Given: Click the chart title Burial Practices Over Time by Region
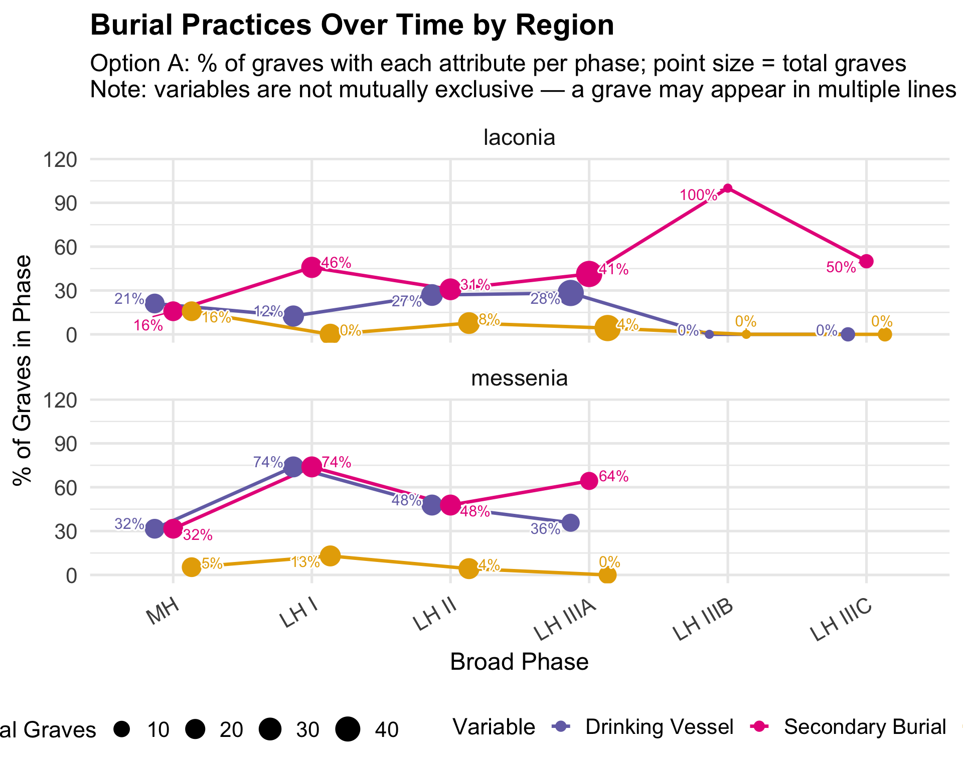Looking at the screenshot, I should pyautogui.click(x=352, y=25).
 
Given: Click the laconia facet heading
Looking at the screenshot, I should pyautogui.click(x=519, y=137).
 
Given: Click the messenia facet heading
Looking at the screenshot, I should pyautogui.click(x=519, y=378).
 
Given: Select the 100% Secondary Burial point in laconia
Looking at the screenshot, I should pyautogui.click(x=728, y=188).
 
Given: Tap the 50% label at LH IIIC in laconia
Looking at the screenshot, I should pyautogui.click(x=841, y=268).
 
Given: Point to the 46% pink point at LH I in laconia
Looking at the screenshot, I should pyautogui.click(x=311, y=267).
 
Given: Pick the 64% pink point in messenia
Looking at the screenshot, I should pyautogui.click(x=589, y=481).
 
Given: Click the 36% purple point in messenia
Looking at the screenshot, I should pyautogui.click(x=570, y=523).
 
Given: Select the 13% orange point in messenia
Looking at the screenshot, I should pyautogui.click(x=330, y=556).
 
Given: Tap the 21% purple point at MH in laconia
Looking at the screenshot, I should pyautogui.click(x=154, y=303).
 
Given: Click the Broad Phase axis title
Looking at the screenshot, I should pyautogui.click(x=519, y=662).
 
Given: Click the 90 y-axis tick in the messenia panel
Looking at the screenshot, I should pyautogui.click(x=67, y=444).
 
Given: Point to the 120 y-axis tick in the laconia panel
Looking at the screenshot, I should pyautogui.click(x=60, y=160).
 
